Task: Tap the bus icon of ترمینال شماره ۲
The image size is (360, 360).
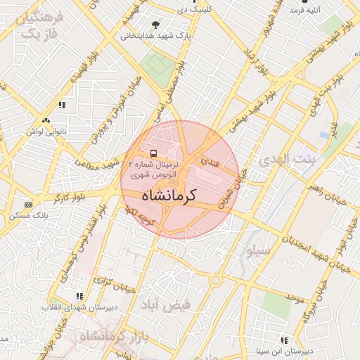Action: point(153,153)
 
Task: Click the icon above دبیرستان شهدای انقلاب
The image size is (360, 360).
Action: point(79,296)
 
